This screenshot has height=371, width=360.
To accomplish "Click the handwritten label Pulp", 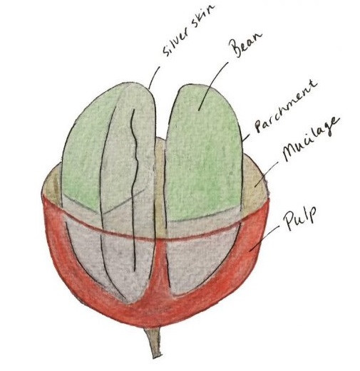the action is pyautogui.click(x=300, y=218).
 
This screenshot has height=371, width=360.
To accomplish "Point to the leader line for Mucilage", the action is pyautogui.click(x=266, y=174).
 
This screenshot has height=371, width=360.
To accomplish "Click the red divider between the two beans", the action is pyautogui.click(x=160, y=273).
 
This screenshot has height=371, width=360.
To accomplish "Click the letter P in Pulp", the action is pyautogui.click(x=291, y=221).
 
